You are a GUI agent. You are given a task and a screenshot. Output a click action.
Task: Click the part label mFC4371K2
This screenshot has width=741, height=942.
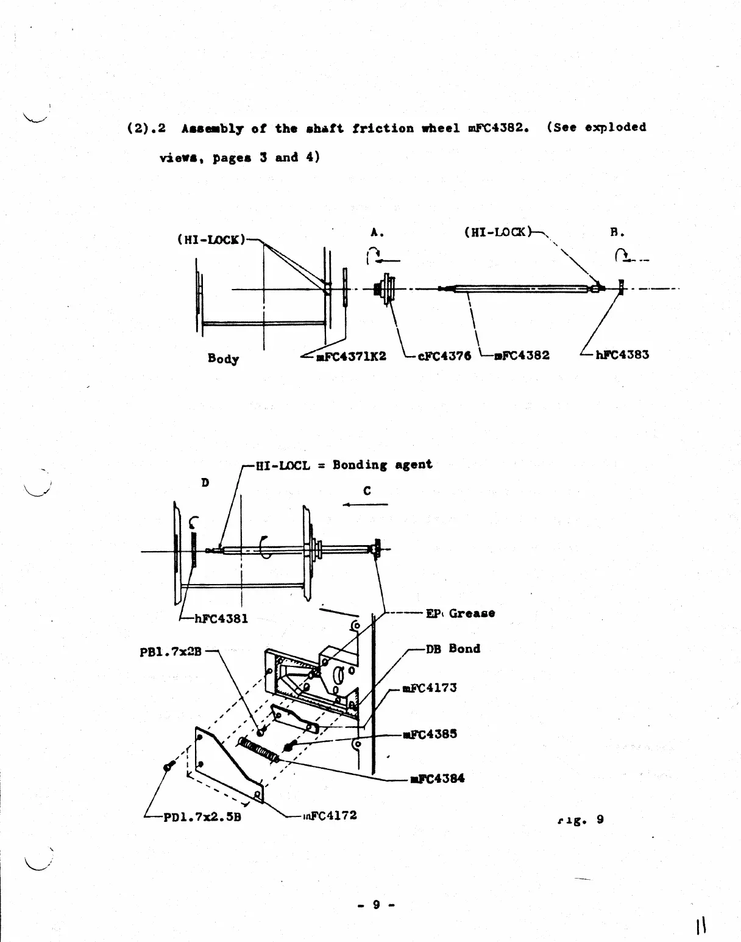click(x=351, y=356)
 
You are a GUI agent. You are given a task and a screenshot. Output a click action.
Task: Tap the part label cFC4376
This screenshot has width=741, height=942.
click(x=444, y=356)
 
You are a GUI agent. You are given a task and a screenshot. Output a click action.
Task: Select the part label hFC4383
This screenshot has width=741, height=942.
click(x=622, y=355)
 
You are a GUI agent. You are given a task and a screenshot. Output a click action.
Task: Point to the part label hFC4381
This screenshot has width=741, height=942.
click(x=221, y=619)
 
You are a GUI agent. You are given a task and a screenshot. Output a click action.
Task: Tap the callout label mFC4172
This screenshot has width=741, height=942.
click(x=330, y=815)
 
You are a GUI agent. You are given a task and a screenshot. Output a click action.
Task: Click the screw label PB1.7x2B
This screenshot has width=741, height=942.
click(x=170, y=652)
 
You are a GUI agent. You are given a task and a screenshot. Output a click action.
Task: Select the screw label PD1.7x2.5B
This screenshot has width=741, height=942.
click(x=202, y=817)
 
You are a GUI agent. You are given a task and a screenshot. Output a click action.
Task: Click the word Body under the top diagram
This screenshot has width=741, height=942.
click(x=223, y=359)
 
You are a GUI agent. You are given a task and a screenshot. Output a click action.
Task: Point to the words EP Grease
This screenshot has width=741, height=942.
click(x=460, y=613)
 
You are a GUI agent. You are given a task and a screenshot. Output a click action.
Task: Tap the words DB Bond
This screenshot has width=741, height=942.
click(x=453, y=649)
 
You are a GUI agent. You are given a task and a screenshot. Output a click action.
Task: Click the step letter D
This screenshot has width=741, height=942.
click(x=205, y=483)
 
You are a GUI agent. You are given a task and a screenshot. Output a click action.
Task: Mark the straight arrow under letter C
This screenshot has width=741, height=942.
click(x=365, y=505)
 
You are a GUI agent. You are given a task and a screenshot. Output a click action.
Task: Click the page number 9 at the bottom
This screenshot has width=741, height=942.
click(x=376, y=905)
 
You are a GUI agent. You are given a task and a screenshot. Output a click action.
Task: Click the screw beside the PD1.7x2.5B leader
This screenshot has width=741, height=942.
click(x=169, y=766)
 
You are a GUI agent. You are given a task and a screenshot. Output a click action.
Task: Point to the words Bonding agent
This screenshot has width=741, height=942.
click(x=383, y=465)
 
